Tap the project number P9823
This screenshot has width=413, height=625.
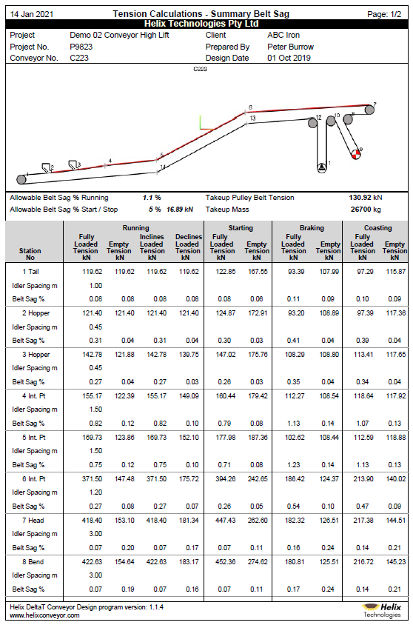81,47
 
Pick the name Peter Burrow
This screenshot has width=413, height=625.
290,47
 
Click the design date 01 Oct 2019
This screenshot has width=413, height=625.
289,58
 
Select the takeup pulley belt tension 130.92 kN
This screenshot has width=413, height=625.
365,198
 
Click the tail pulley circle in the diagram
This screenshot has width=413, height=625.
21,179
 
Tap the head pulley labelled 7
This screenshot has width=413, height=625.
369,110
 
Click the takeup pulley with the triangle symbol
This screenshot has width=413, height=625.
321,167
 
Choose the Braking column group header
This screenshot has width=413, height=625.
311,228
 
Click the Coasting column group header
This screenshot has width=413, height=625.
378,228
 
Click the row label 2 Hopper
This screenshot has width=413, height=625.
33,314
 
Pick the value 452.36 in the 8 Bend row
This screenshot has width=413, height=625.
222,562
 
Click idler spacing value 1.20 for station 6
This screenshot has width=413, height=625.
95,492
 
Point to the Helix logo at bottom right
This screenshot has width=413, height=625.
383,610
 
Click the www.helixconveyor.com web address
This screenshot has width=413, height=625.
45,615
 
